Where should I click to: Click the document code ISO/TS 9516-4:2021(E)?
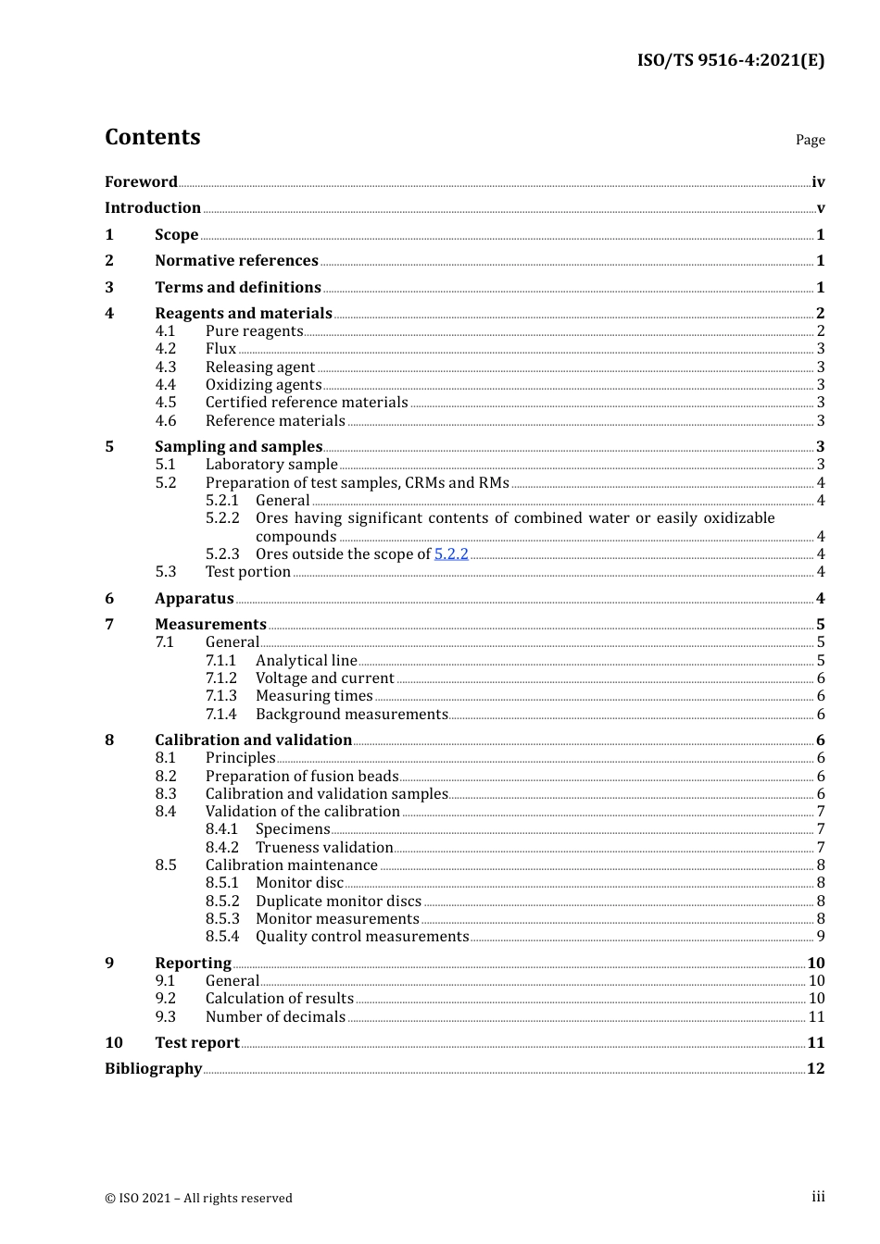(730, 61)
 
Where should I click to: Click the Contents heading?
(152, 137)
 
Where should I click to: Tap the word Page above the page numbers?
(810, 140)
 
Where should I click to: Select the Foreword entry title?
(141, 182)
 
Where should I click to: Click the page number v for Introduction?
(820, 208)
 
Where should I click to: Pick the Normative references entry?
(236, 261)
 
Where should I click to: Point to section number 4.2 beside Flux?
(166, 349)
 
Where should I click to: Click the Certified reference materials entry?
(306, 403)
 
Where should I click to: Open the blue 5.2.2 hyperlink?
(451, 554)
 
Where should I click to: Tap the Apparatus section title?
(194, 599)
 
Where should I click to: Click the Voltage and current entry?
(324, 678)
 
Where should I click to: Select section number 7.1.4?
(221, 715)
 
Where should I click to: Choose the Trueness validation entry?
(324, 848)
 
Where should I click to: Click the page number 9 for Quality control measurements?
(820, 937)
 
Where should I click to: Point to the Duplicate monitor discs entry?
(338, 902)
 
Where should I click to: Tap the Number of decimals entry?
(275, 1017)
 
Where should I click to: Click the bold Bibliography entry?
(153, 1069)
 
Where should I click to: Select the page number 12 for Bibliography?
(815, 1069)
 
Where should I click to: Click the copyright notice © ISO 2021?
(198, 1199)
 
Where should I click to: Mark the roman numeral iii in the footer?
(818, 1197)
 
